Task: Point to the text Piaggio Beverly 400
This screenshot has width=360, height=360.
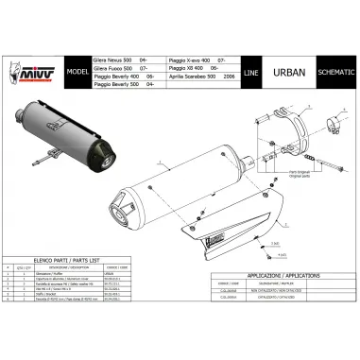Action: tap(117, 76)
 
